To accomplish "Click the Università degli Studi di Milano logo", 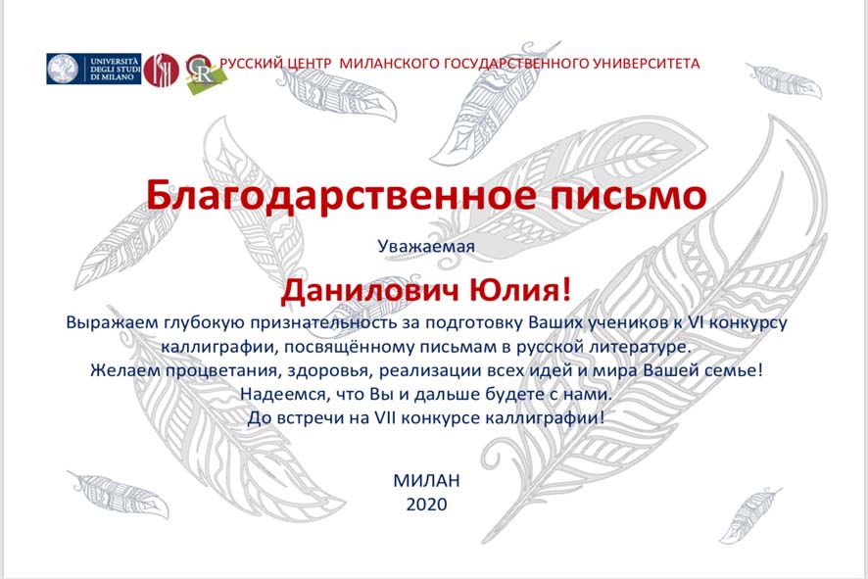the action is click(x=93, y=69).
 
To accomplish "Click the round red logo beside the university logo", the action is click(x=161, y=70).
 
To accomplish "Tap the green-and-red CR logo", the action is click(x=204, y=73).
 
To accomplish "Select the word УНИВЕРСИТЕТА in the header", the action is click(x=646, y=63).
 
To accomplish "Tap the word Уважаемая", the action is click(x=426, y=246).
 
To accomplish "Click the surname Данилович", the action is click(x=369, y=290).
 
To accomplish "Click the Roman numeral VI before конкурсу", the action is click(x=695, y=322).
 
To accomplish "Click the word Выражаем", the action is click(x=113, y=322).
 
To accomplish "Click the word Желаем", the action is click(x=125, y=369).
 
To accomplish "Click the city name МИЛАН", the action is click(x=426, y=480).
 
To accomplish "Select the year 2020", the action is click(x=426, y=505).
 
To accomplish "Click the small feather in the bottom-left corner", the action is click(x=118, y=495).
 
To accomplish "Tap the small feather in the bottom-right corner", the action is click(x=750, y=514).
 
